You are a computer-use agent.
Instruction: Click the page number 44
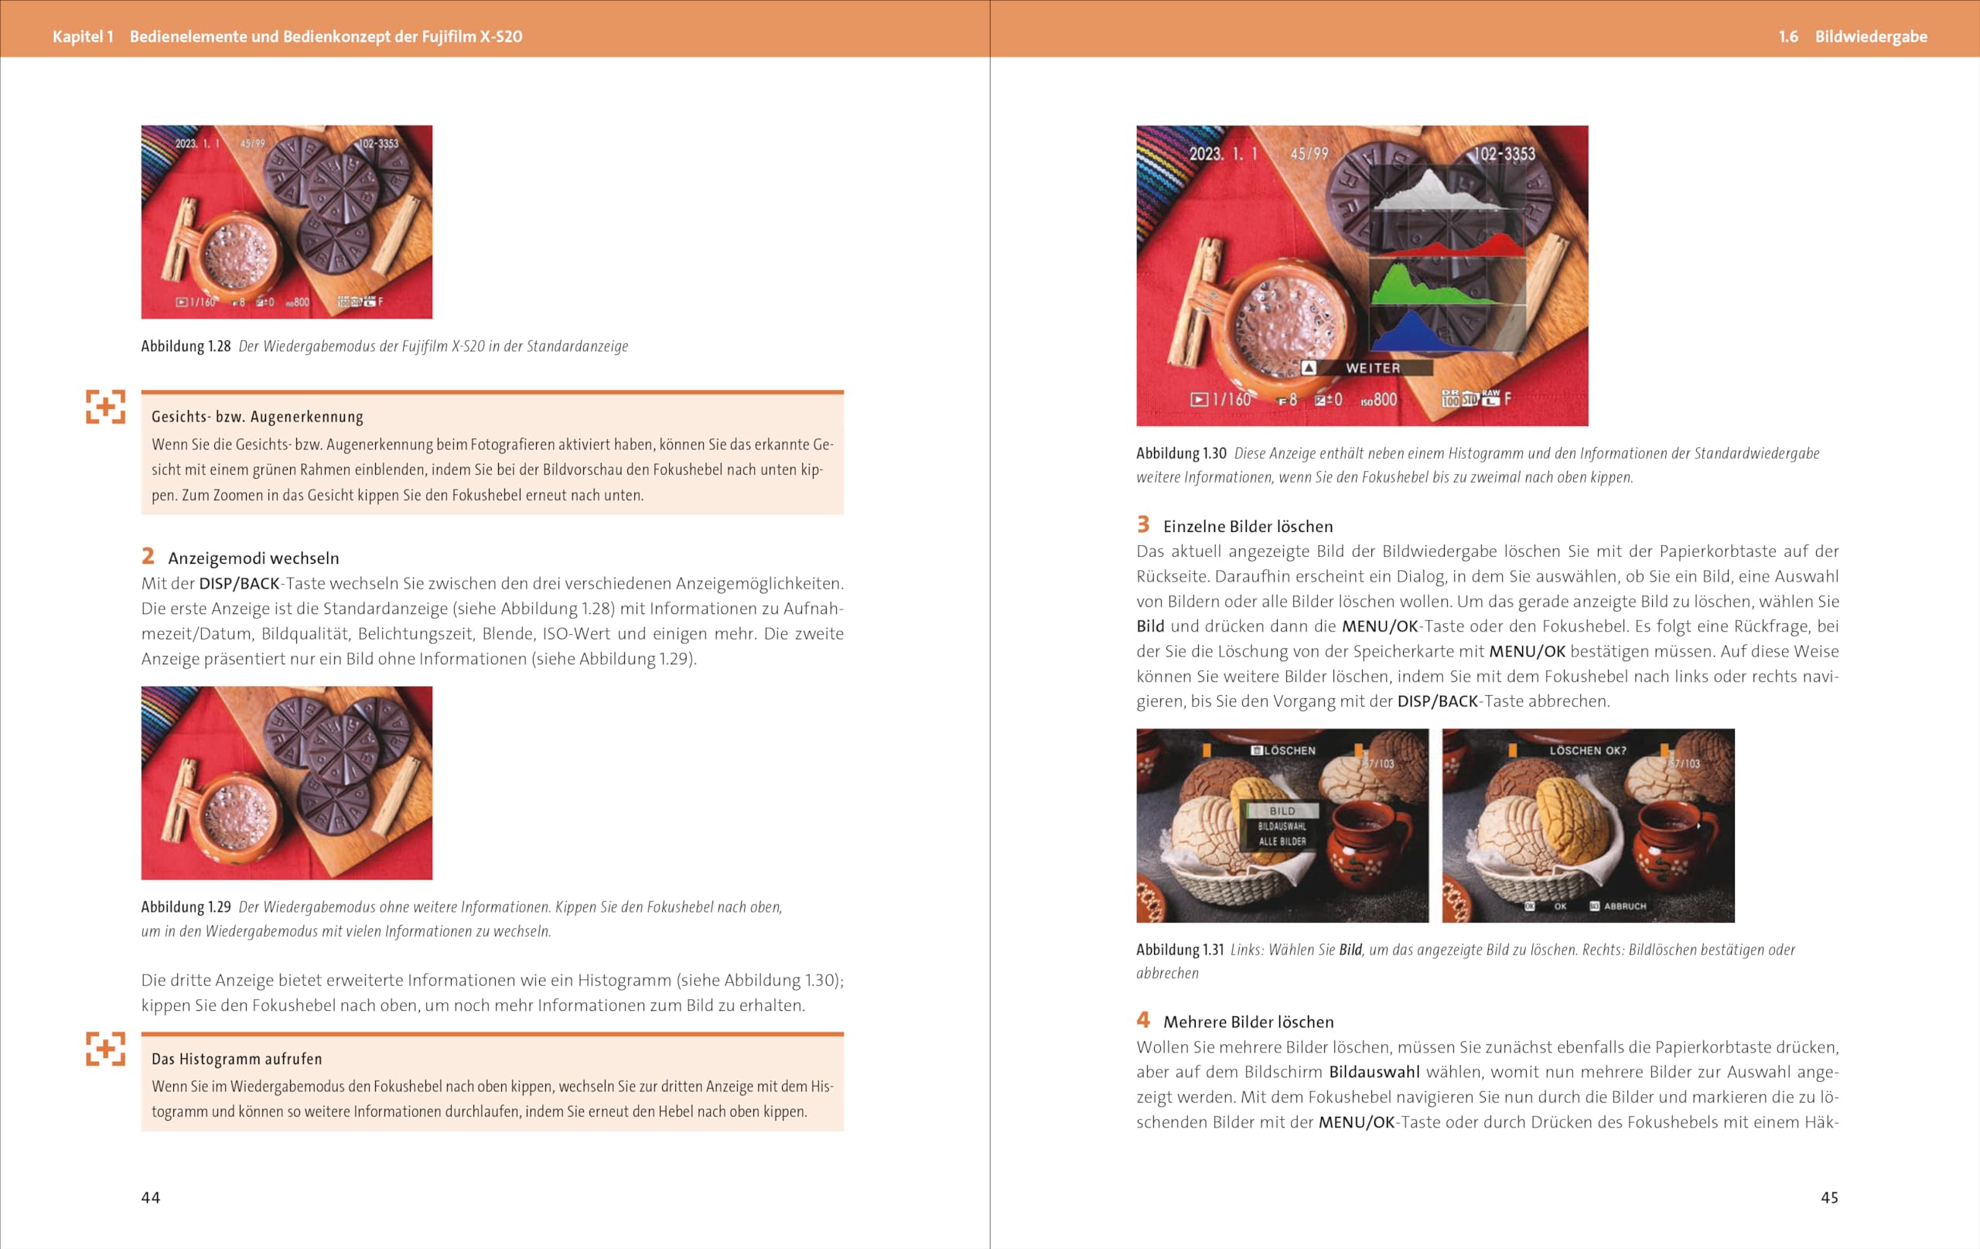[151, 1197]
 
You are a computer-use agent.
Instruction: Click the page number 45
[1829, 1197]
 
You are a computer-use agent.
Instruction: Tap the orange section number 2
[148, 556]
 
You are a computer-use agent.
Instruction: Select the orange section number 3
[1143, 524]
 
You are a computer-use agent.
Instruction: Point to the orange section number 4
[1143, 1019]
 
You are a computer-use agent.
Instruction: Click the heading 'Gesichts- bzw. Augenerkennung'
[258, 417]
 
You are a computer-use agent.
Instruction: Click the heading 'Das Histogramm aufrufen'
[237, 1059]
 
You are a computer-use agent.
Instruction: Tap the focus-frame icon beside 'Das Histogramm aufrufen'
[105, 1049]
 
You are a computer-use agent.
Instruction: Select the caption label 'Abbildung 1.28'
[186, 346]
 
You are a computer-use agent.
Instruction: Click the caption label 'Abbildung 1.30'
[1182, 453]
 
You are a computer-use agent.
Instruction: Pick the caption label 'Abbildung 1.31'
[1180, 950]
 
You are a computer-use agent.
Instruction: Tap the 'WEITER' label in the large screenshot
[1373, 368]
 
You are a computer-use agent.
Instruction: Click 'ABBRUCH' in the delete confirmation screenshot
[1625, 906]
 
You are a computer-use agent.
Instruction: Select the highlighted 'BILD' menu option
[1282, 810]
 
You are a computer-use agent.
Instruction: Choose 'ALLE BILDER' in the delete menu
[1282, 841]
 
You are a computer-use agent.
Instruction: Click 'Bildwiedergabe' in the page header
[1872, 36]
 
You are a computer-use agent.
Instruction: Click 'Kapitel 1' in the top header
[83, 36]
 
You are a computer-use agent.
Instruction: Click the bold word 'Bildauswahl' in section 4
[1374, 1071]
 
